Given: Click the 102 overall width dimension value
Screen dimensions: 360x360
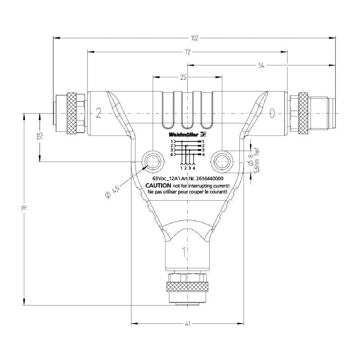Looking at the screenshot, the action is click(194, 38).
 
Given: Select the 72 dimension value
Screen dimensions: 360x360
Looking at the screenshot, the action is click(188, 52).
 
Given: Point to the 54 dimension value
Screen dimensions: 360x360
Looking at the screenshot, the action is click(261, 66).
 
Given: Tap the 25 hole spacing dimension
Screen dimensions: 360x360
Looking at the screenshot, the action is click(183, 77).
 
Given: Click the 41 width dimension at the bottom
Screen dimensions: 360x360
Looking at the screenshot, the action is click(188, 324).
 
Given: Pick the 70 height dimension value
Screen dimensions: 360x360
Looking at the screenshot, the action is click(25, 207).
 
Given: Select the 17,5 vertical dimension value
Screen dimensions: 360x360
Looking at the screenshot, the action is click(40, 136).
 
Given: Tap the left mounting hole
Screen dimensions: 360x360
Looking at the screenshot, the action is click(153, 162).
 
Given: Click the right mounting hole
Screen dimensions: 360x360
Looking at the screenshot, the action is click(222, 162).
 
